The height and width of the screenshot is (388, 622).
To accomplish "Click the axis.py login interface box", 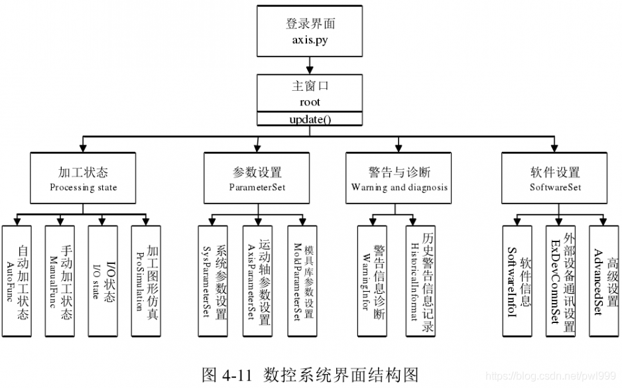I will pyautogui.click(x=310, y=31).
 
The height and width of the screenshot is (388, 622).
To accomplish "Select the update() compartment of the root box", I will pyautogui.click(x=310, y=119).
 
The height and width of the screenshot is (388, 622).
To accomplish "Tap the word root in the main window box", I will pyautogui.click(x=310, y=102).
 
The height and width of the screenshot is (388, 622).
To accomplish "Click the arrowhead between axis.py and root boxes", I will pyautogui.click(x=310, y=68).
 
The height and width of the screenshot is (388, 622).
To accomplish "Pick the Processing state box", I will pyautogui.click(x=83, y=178).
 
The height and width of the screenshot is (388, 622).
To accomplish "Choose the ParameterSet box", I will pyautogui.click(x=257, y=178).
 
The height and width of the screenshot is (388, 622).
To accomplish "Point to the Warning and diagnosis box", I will pyautogui.click(x=399, y=178).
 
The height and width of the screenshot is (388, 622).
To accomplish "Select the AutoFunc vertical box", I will pyautogui.click(x=17, y=281).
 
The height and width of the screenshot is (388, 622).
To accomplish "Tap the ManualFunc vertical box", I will pyautogui.click(x=60, y=281).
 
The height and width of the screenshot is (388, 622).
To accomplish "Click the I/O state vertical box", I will pyautogui.click(x=103, y=281).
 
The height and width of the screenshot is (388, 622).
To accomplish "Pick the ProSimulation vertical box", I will pyautogui.click(x=147, y=281).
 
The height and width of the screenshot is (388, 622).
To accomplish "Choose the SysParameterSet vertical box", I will pyautogui.click(x=213, y=281).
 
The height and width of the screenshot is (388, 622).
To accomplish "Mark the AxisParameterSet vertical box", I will pyautogui.click(x=257, y=281).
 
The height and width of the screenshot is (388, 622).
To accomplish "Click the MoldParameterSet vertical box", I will pyautogui.click(x=301, y=281).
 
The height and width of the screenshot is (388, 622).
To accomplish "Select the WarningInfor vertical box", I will pyautogui.click(x=372, y=281).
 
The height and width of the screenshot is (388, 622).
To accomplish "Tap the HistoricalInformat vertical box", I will pyautogui.click(x=420, y=281).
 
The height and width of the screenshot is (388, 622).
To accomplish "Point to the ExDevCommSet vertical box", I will pyautogui.click(x=561, y=281).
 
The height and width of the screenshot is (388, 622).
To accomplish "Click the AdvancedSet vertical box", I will pyautogui.click(x=605, y=281).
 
